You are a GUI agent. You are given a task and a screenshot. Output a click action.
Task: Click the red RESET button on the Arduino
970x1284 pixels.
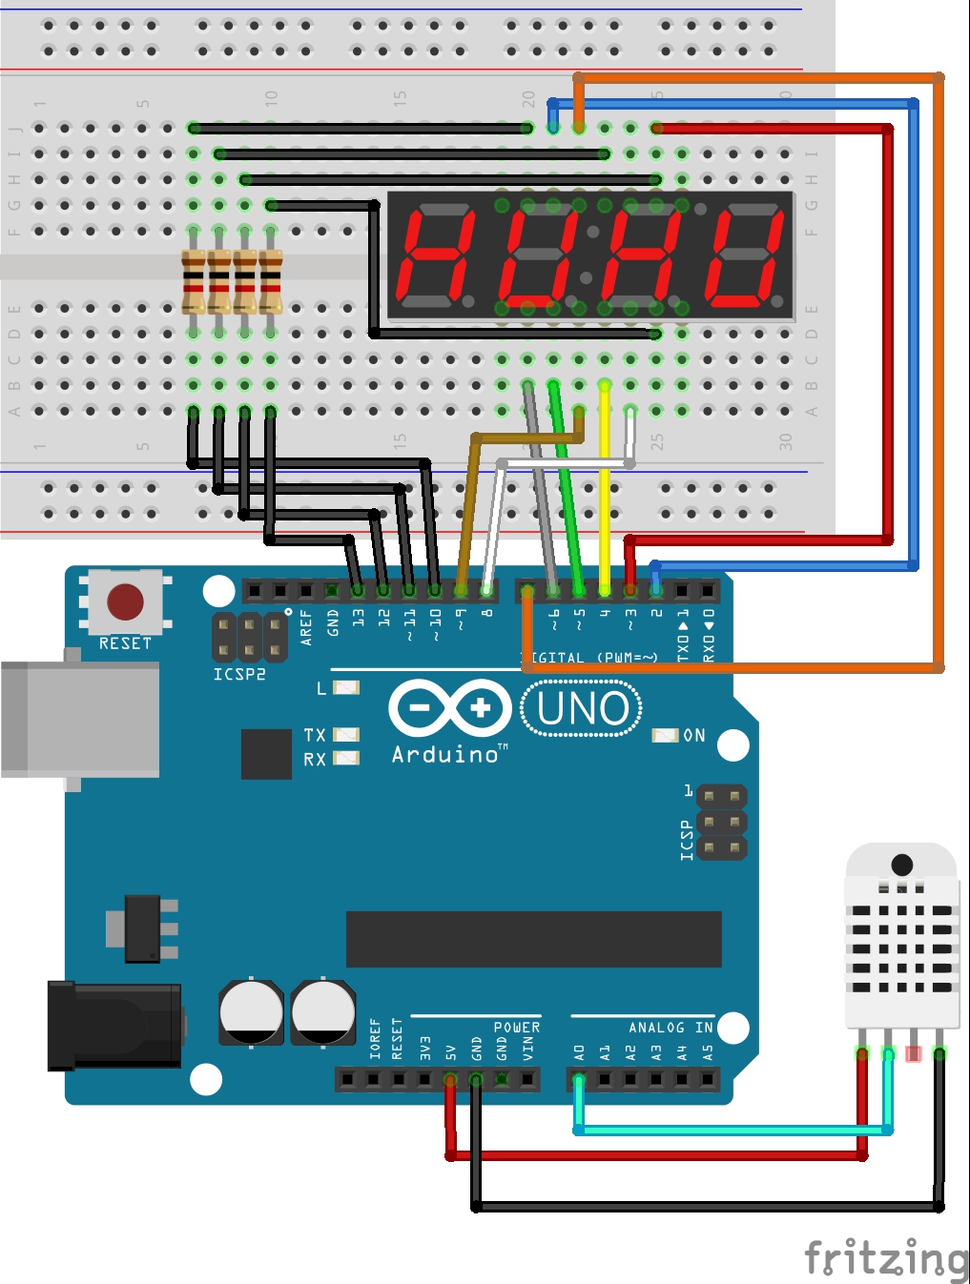[x=125, y=602]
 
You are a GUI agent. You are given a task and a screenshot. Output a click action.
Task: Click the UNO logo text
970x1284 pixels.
[x=582, y=709]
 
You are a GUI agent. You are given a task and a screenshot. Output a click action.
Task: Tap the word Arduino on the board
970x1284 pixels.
[x=445, y=755]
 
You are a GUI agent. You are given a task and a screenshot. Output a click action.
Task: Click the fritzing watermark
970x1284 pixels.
[x=885, y=1258]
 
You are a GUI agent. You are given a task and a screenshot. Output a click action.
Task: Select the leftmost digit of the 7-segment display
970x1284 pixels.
[x=436, y=255]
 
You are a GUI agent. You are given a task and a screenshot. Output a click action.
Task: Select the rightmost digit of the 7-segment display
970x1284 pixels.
[x=744, y=255]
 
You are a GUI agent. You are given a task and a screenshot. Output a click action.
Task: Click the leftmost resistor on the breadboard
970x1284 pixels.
[x=194, y=281]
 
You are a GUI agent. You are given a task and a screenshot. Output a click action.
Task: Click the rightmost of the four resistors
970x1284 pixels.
[x=271, y=281]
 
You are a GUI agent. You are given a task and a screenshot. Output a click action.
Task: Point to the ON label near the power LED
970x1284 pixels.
[x=694, y=736]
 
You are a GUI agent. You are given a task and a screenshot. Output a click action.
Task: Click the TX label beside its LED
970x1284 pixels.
[x=315, y=735]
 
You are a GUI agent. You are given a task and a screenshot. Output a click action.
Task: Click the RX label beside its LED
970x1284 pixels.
[x=315, y=760]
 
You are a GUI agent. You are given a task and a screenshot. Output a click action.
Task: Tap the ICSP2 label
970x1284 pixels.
[x=238, y=675]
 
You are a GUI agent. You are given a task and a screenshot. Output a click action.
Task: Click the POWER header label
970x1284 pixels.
[x=516, y=1028]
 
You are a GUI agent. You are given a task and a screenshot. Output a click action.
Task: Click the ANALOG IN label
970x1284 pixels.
[x=671, y=1028]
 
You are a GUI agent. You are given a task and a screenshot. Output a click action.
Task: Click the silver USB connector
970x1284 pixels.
[x=81, y=720]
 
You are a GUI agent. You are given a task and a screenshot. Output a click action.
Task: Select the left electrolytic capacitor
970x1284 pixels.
[x=251, y=1013]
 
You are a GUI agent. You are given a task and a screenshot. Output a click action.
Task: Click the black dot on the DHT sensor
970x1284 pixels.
[x=901, y=866]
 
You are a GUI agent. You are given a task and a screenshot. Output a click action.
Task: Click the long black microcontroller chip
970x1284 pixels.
[x=533, y=939]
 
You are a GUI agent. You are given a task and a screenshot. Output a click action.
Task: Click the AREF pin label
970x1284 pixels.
[x=306, y=627]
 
